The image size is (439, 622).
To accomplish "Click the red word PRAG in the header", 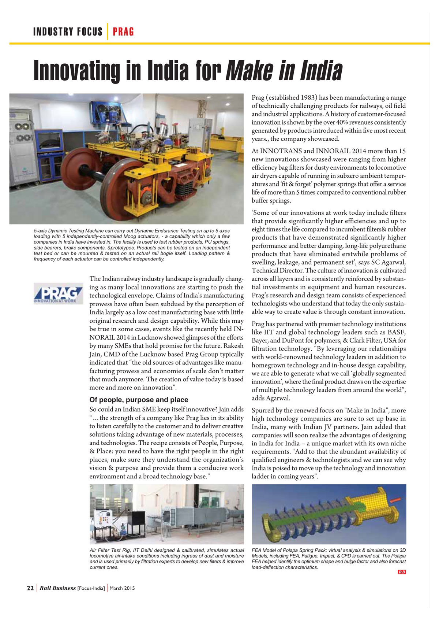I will pos(123,32).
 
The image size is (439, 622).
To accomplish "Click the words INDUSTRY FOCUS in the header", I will pos(68,32).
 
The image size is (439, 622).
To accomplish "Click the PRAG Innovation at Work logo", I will pos(58,293).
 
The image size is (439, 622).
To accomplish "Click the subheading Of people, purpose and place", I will pos(139,400).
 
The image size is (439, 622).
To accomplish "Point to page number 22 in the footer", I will pos(30,588).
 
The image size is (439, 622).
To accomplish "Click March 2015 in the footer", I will pos(122,588).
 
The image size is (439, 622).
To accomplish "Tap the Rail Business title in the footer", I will pos(58,588).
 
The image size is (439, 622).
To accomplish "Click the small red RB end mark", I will pos(402,572).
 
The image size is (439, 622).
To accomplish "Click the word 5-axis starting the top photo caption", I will pos(40,231).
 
